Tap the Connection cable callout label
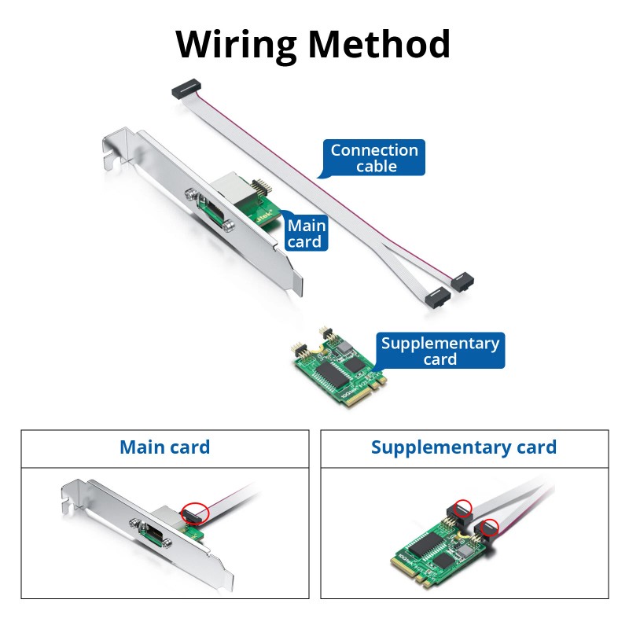pyautogui.click(x=374, y=158)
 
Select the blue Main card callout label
pyautogui.click(x=305, y=234)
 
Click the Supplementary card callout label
pyautogui.click(x=440, y=351)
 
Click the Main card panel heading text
pyautogui.click(x=165, y=448)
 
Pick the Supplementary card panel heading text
pyautogui.click(x=464, y=448)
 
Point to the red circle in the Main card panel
pyautogui.click(x=193, y=513)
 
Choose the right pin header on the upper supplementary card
pyautogui.click(x=324, y=337)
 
